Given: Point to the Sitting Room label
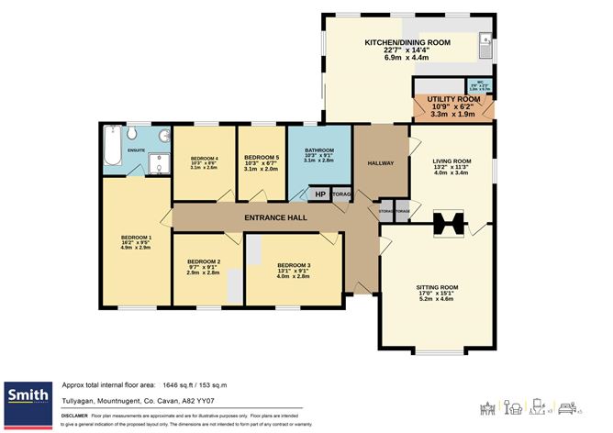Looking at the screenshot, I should [x=436, y=287].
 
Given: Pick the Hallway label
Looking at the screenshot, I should [x=381, y=163].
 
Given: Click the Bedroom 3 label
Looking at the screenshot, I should [x=294, y=265].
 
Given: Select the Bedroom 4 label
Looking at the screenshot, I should [x=204, y=157].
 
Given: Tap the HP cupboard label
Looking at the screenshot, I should [x=320, y=194].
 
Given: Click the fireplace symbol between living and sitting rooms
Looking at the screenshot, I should [x=451, y=221].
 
